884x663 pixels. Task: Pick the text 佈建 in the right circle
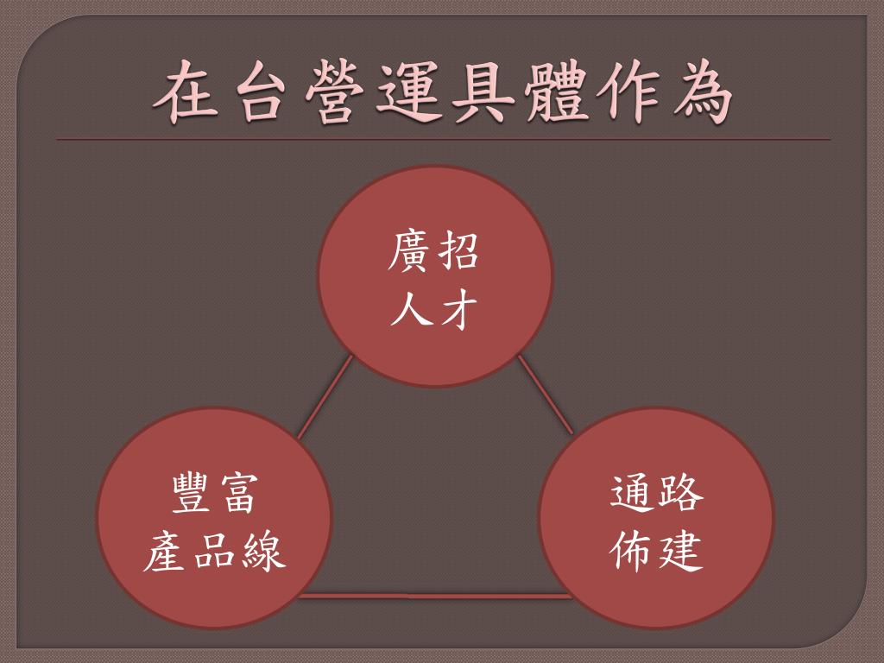coord(657,550)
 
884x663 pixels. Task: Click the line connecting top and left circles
coord(325,397)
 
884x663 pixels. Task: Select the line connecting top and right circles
coord(545,395)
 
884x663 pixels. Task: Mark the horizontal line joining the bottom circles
coord(435,595)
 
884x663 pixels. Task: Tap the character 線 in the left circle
coord(262,552)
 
